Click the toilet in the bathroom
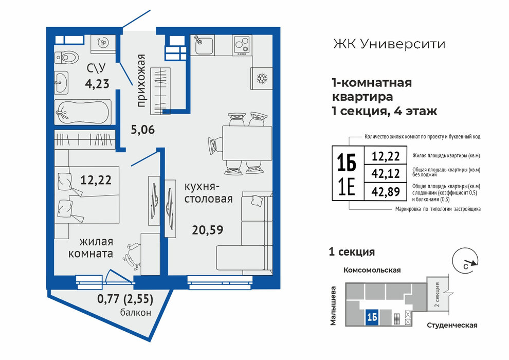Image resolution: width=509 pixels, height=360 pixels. (67, 58)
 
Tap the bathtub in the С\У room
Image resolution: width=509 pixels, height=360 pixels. (83, 112)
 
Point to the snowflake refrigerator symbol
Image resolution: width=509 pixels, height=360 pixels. (262, 78)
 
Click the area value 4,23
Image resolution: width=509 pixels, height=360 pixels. (97, 84)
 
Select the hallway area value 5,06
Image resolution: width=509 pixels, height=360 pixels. (143, 130)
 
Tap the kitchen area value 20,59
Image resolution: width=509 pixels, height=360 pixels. (207, 230)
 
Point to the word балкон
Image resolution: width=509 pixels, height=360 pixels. (136, 313)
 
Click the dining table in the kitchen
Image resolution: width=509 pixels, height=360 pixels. (247, 143)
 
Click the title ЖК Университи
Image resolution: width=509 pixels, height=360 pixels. (389, 44)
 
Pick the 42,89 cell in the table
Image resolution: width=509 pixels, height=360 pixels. (386, 191)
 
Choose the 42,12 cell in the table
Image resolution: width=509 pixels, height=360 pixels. (386, 174)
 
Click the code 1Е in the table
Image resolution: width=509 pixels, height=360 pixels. (347, 188)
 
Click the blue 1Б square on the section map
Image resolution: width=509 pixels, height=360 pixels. (372, 317)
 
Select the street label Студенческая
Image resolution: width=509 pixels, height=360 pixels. (452, 325)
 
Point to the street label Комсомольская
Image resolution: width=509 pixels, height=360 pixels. (372, 270)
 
